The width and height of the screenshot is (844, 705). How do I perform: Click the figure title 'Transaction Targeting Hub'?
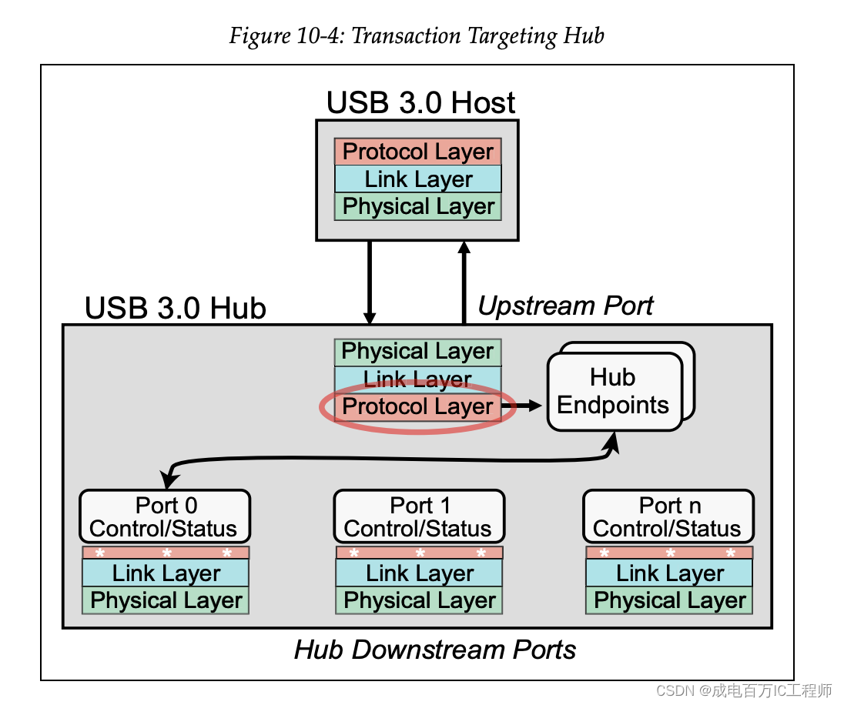[x=417, y=35]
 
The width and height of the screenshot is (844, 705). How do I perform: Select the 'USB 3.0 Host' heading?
[x=420, y=102]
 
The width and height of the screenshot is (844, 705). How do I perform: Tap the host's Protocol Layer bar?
[x=418, y=152]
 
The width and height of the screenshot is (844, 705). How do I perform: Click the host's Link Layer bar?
[x=418, y=179]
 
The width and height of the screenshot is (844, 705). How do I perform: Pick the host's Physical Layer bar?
[x=418, y=206]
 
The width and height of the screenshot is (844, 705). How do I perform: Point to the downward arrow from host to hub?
[x=370, y=281]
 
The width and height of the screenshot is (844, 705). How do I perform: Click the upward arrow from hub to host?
[x=464, y=281]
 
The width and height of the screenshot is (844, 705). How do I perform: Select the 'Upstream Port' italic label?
[x=565, y=306]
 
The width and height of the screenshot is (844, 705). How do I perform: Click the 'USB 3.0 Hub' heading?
[x=175, y=308]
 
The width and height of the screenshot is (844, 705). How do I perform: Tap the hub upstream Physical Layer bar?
[x=417, y=352]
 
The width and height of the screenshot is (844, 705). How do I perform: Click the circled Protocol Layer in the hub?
[x=417, y=407]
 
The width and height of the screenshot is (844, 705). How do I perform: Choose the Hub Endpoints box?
[x=615, y=392]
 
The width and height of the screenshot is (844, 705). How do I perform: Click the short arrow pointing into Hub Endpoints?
[x=524, y=406]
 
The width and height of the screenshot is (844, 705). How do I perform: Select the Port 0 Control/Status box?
[x=165, y=516]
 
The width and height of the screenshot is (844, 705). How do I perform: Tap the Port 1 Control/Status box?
[x=419, y=516]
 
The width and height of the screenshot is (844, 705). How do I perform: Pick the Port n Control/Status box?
[x=668, y=516]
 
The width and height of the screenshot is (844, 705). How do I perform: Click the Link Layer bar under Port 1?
[x=419, y=573]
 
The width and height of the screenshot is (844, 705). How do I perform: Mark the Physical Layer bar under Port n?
[x=669, y=600]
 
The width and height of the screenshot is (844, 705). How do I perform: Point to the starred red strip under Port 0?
[x=166, y=553]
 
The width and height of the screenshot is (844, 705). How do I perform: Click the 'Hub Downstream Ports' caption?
[x=435, y=650]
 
